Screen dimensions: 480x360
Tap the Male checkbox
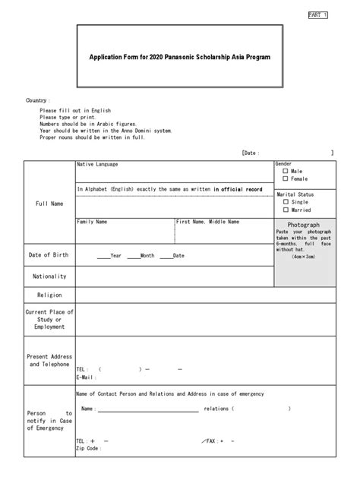tap(286, 172)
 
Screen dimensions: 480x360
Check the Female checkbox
tap(286, 179)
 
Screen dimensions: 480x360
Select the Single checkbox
tap(286, 202)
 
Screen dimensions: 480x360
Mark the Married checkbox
tap(286, 210)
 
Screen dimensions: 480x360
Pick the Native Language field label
tap(96, 164)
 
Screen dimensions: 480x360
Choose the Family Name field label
tap(92, 222)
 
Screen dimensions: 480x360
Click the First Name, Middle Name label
tap(208, 222)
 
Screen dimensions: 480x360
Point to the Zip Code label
tap(88, 448)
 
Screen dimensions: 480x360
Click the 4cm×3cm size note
tap(303, 257)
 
